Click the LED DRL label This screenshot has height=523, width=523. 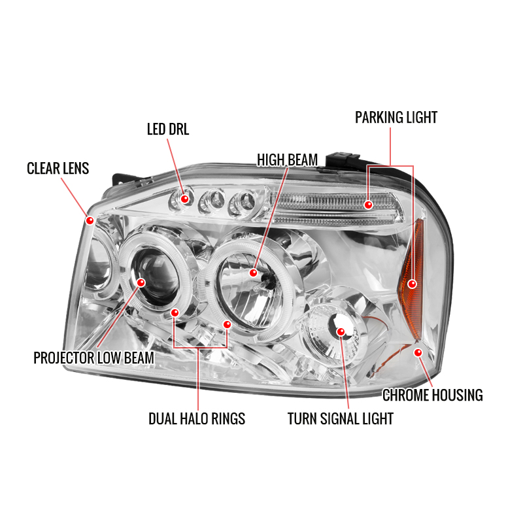168,129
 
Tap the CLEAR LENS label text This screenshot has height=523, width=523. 58,169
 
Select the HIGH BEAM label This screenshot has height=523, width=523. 287,160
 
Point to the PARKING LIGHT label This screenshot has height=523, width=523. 396,118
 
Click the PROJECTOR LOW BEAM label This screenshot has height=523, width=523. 93,358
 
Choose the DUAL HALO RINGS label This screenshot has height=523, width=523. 197,418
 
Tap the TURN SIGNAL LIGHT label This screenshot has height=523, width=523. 341,418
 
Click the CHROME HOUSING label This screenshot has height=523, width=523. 433,395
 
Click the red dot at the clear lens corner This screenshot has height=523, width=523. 90,220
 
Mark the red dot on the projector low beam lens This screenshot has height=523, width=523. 141,282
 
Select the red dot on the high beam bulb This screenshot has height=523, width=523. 254,273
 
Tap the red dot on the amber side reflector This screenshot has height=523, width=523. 413,284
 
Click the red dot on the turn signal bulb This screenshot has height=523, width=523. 341,331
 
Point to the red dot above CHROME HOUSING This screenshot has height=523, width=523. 418,352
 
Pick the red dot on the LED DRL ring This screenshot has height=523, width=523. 184,199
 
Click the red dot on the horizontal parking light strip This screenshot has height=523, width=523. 368,205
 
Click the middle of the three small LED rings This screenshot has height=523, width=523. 211,201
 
